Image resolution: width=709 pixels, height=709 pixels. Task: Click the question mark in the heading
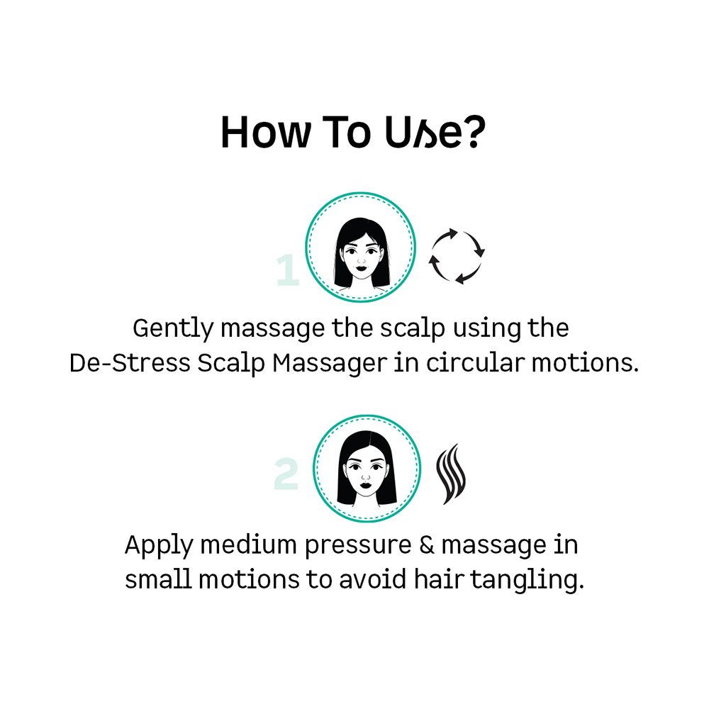pyautogui.click(x=475, y=131)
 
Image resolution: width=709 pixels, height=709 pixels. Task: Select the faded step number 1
pyautogui.click(x=288, y=270)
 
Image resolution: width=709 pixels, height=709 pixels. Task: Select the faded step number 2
pyautogui.click(x=286, y=474)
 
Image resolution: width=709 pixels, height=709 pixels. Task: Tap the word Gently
pyautogui.click(x=173, y=329)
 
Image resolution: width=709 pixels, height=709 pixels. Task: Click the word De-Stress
pyautogui.click(x=130, y=363)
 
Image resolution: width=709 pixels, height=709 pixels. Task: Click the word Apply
pyautogui.click(x=159, y=545)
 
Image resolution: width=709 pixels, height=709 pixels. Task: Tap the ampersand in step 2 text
pyautogui.click(x=426, y=545)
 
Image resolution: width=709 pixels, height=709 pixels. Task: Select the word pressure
pyautogui.click(x=358, y=546)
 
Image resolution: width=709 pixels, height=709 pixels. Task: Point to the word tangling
pyautogui.click(x=527, y=581)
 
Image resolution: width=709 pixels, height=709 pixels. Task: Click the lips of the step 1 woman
pyautogui.click(x=361, y=268)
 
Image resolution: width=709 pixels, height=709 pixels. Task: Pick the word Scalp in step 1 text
pyautogui.click(x=231, y=364)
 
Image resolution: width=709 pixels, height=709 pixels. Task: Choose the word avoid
pyautogui.click(x=373, y=579)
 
